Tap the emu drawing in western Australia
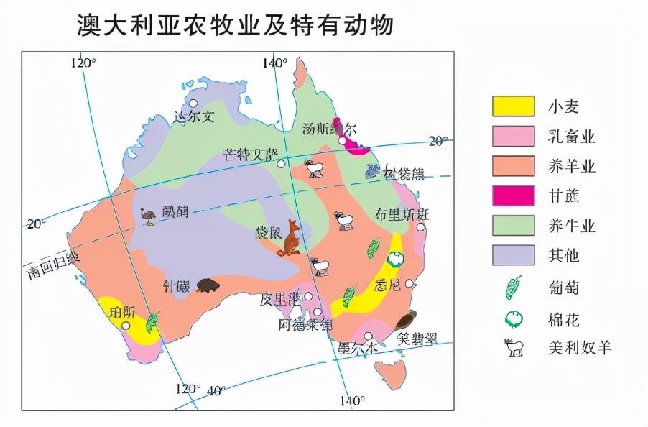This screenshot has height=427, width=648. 149,216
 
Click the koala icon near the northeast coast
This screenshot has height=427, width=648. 372,171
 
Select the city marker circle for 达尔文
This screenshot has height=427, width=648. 193,104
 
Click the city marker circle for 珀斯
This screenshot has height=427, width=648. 126,326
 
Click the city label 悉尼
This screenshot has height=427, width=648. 389,285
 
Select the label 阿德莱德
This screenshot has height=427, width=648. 305,325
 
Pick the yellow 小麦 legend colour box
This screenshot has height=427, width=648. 513,106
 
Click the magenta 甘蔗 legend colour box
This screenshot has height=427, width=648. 513,196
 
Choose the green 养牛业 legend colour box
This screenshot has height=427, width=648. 513,225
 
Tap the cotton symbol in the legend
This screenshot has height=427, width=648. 513,318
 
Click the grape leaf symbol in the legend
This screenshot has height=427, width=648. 513,288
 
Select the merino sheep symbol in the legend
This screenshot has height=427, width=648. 513,347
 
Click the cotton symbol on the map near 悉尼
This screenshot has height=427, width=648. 394,259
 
